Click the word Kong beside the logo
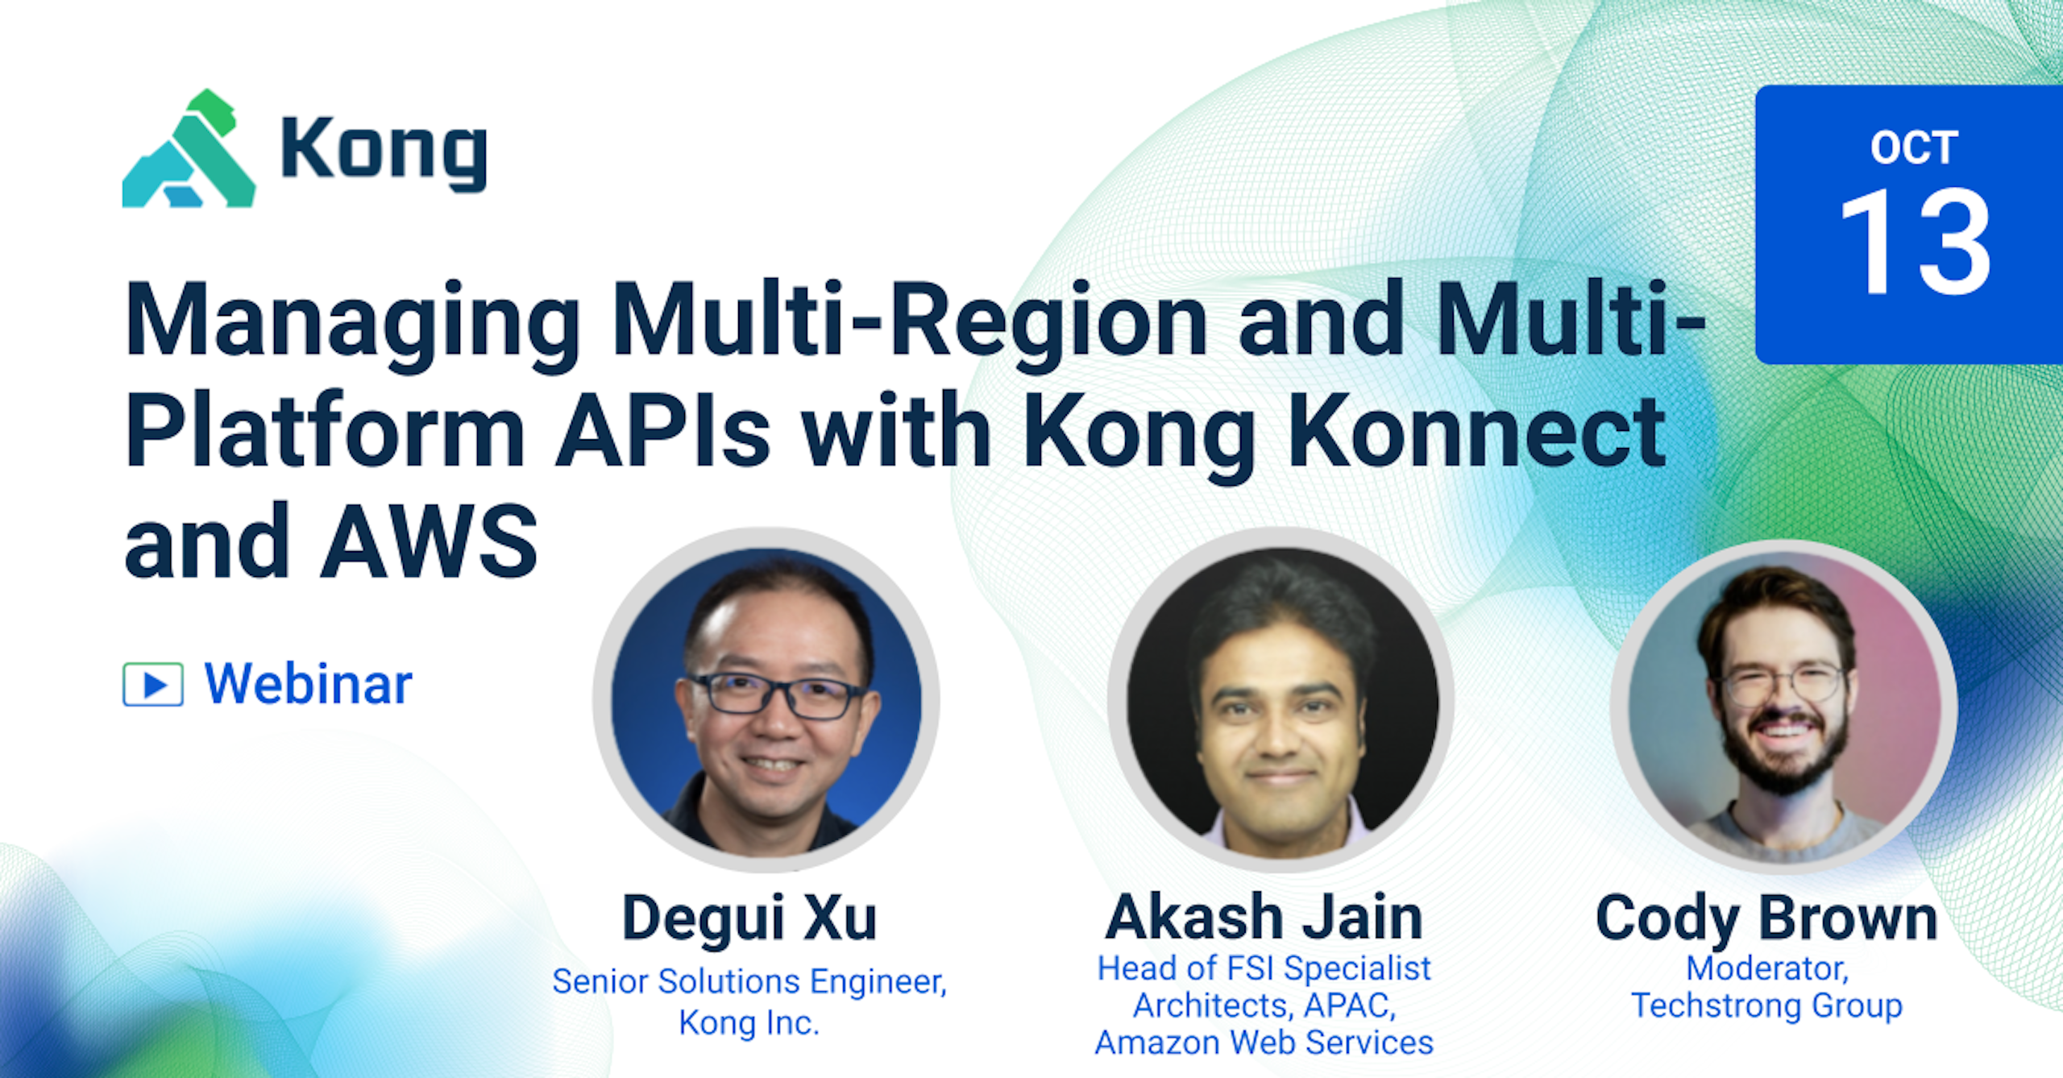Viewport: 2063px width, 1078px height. coord(384,150)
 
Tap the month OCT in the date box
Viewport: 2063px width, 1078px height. coord(1914,148)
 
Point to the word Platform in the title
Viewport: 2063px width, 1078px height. coord(326,432)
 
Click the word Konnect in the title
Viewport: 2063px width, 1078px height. coord(1476,432)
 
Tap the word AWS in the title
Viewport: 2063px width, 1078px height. coord(429,541)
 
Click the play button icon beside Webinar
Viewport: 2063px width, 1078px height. coord(153,685)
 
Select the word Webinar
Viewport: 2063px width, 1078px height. coord(308,685)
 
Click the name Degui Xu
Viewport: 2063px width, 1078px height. coord(749,918)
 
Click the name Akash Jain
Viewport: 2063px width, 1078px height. coord(1264,918)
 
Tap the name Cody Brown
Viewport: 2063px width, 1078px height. coord(1766,918)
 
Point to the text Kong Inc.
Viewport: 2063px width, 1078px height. coord(749,1023)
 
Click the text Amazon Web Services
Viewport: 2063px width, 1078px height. coord(1264,1043)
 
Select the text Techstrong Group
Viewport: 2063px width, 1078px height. coord(1766,1005)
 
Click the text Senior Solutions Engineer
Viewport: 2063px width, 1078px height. coord(749,981)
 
